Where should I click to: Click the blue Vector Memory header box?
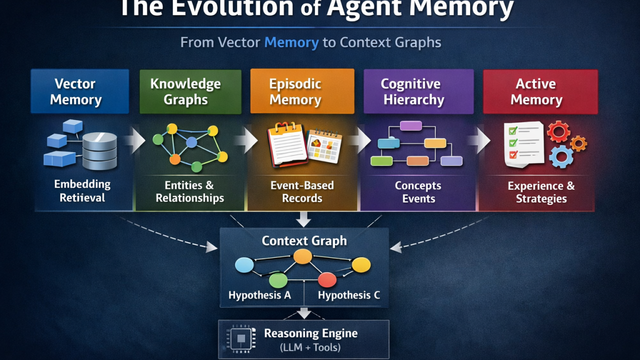coord(79,91)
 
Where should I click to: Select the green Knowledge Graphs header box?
coord(190,91)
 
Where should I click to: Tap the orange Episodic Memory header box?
coord(302,91)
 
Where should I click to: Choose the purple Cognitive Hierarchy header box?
coord(418,91)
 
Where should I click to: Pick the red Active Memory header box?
coord(540,91)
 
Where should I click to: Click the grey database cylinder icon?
coord(99,150)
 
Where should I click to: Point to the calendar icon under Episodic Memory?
coord(324,145)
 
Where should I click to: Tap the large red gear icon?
coord(558,131)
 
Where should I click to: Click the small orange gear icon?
coord(578,143)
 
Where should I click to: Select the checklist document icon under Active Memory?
coord(523,144)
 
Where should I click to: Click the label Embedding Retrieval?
coord(82,191)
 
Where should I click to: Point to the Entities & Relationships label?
coord(189,192)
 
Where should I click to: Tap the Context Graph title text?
coord(304,240)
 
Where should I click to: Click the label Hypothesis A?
coord(259,295)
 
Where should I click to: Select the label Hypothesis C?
coord(348,295)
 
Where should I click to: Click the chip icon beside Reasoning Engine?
coord(241,338)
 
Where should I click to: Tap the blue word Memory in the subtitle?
coord(291,42)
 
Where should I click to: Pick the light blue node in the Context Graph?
coord(244,265)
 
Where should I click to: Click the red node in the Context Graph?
coord(327,279)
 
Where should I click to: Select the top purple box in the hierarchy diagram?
coord(410,125)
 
